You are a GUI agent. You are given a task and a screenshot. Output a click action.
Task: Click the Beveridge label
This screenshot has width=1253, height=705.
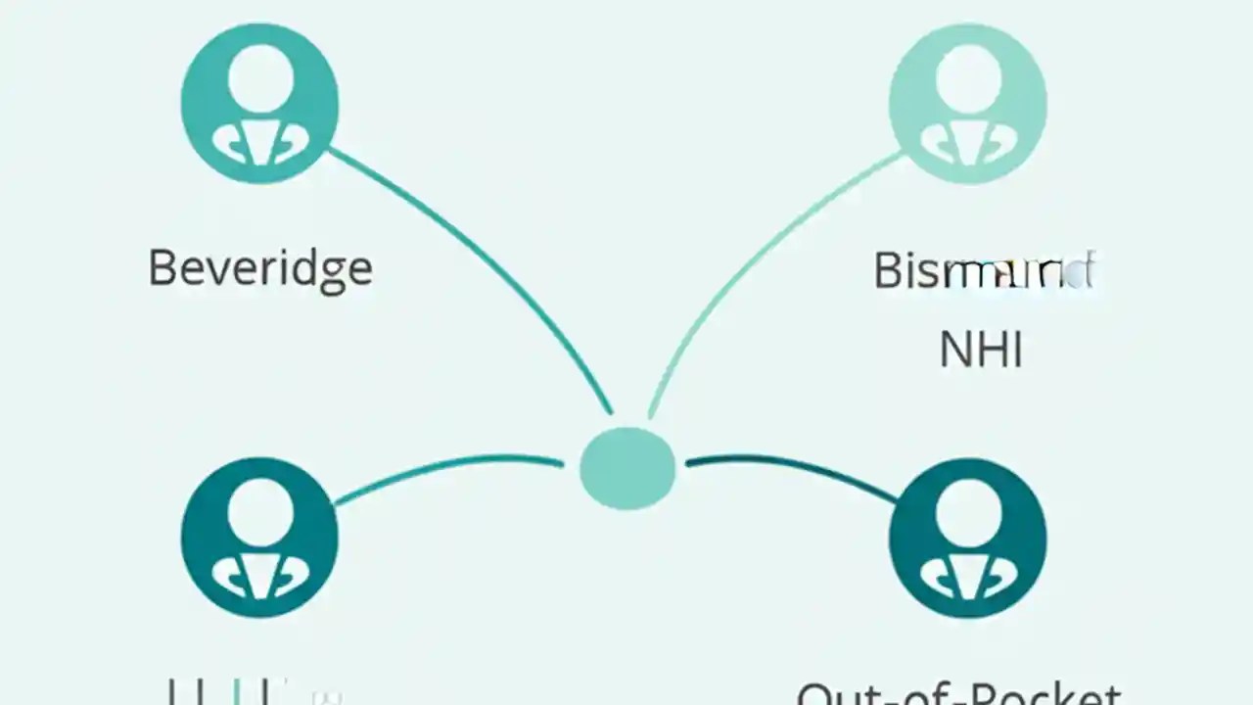point(260,268)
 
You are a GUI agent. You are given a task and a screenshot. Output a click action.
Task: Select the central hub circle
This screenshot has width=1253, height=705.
point(627,468)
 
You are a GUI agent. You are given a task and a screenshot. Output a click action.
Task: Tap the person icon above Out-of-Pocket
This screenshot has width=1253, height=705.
point(967,540)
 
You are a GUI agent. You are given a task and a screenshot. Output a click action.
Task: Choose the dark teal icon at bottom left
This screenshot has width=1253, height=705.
point(260,540)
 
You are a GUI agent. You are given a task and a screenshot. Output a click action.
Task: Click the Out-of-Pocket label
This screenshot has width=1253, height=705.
point(958,693)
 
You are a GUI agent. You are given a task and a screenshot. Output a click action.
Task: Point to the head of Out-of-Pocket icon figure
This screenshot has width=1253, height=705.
point(967,513)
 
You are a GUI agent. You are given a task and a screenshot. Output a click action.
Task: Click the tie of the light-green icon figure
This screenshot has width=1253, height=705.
point(967,146)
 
